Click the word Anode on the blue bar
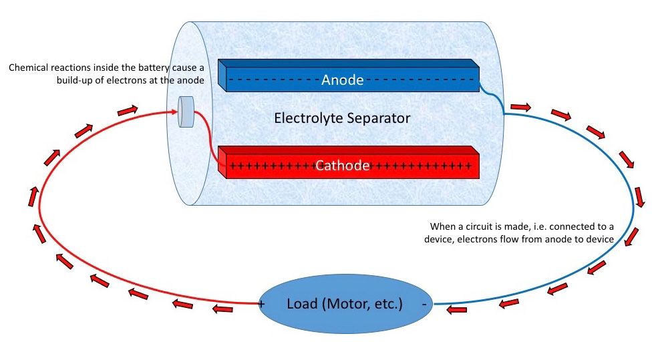(342, 80)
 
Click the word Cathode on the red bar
(342, 166)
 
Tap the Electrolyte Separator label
(342, 119)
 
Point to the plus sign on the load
(261, 305)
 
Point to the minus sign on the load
(424, 304)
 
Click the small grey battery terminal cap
(185, 112)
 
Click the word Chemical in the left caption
(30, 69)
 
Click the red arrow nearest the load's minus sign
(456, 309)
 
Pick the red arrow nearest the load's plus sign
(224, 309)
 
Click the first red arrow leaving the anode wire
(520, 107)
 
